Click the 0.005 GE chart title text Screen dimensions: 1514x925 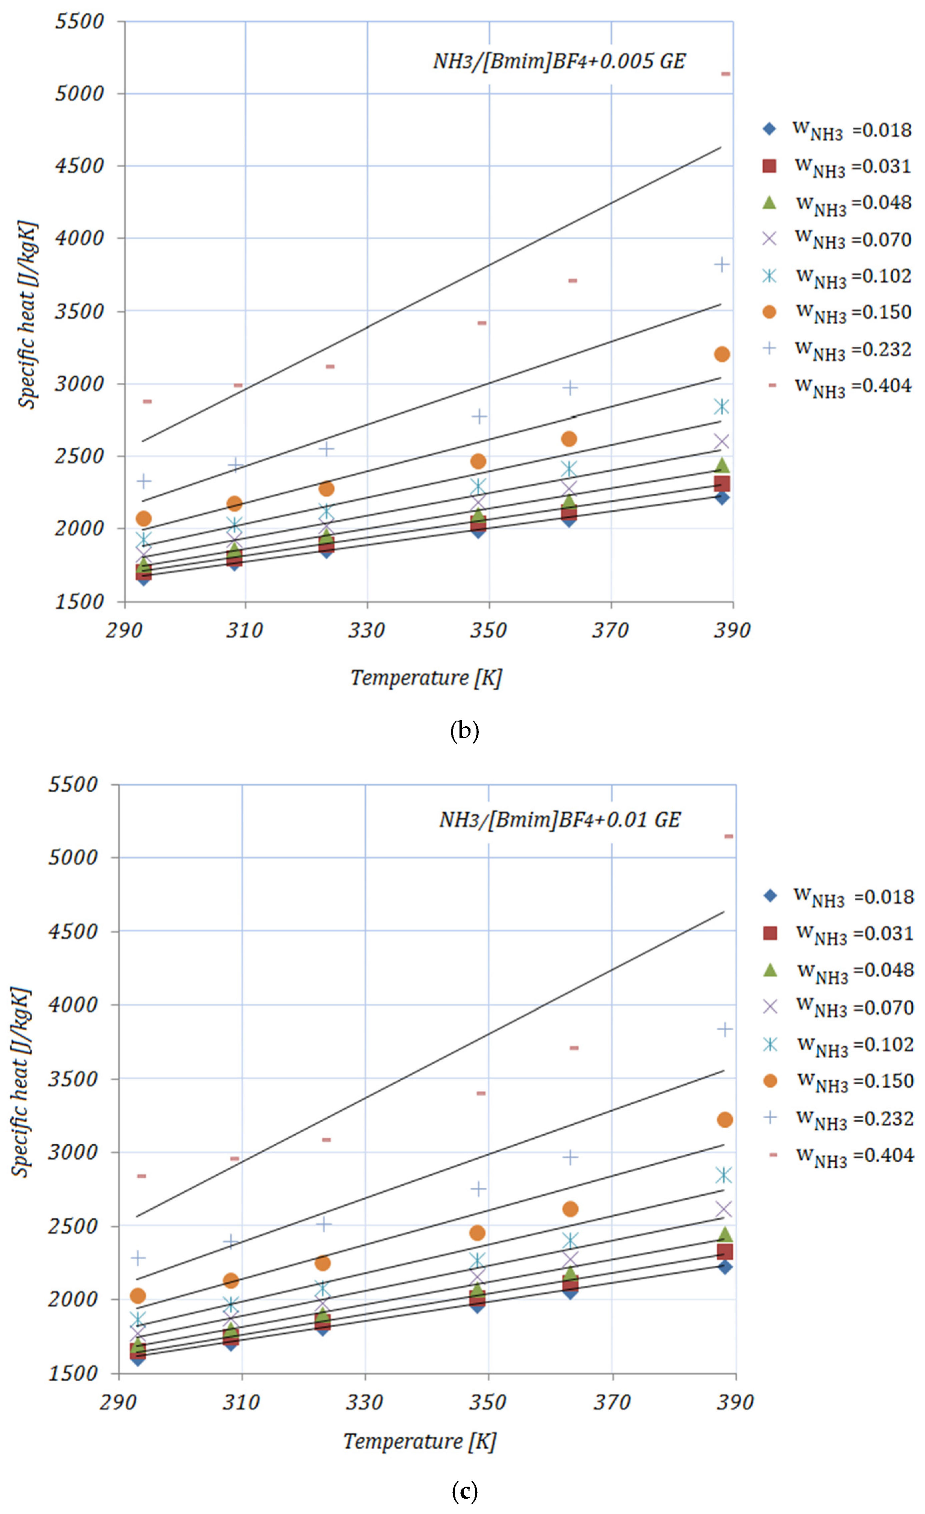click(x=559, y=61)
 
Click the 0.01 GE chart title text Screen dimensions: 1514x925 click(x=560, y=820)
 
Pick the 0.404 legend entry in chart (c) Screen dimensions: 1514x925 click(x=840, y=1155)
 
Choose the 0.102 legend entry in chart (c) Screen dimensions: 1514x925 click(x=840, y=1045)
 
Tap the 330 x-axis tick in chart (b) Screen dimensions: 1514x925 click(x=367, y=630)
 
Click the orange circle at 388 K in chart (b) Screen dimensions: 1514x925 click(x=722, y=354)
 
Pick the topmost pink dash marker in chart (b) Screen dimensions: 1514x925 click(x=725, y=74)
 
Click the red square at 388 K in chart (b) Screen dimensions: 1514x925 click(x=722, y=483)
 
